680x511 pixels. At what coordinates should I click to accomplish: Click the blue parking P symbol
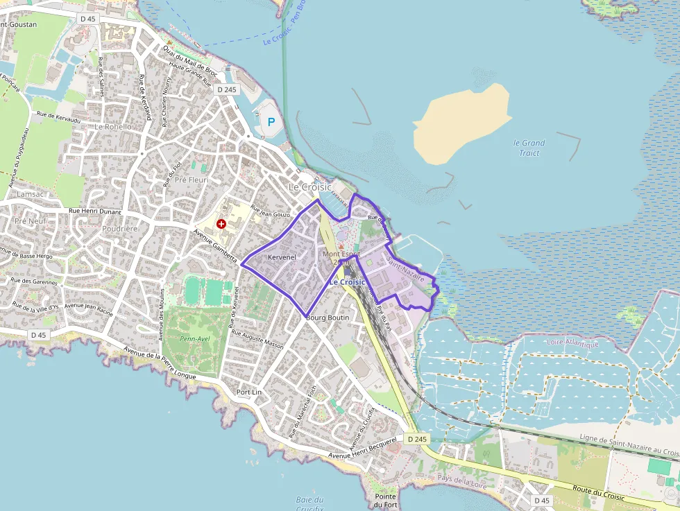pos(271,122)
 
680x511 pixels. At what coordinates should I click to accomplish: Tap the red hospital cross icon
pos(221,224)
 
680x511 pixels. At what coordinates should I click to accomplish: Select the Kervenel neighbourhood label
pos(282,257)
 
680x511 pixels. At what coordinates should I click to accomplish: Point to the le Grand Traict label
pos(529,148)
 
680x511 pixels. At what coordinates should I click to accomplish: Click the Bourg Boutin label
pos(328,317)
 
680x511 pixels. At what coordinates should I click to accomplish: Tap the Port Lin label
pos(249,392)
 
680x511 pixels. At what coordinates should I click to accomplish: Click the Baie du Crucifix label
pos(309,503)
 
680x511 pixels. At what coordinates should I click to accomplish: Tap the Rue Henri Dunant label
pos(94,211)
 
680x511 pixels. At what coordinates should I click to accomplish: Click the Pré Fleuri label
pos(192,180)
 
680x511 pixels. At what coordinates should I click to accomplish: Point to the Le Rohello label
pos(112,127)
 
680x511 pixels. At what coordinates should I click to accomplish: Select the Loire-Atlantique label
pos(572,343)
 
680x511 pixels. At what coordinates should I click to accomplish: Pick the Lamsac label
pos(30,195)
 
